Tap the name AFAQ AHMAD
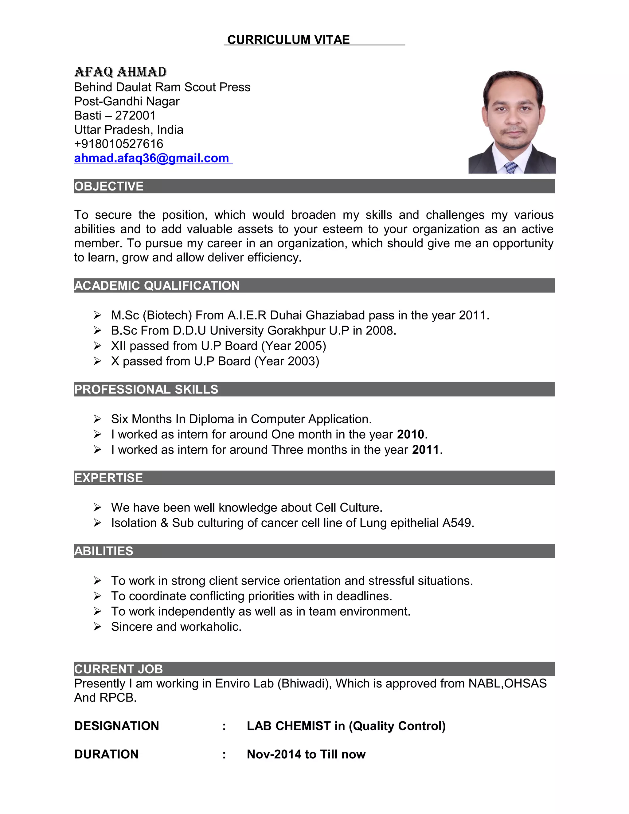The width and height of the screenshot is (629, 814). tap(120, 72)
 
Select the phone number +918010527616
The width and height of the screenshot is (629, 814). tap(119, 144)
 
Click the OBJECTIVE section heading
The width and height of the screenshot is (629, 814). tap(109, 186)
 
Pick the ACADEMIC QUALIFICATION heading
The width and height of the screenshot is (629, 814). tap(157, 285)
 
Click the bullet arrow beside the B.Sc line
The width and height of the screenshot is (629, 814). tap(97, 331)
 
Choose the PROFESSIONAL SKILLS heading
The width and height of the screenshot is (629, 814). tap(146, 389)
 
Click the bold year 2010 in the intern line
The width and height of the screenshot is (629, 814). tap(410, 435)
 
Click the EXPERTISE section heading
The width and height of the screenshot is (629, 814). tap(108, 478)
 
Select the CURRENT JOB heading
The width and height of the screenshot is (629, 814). tap(119, 669)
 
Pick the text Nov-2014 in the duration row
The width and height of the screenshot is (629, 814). tap(274, 754)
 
